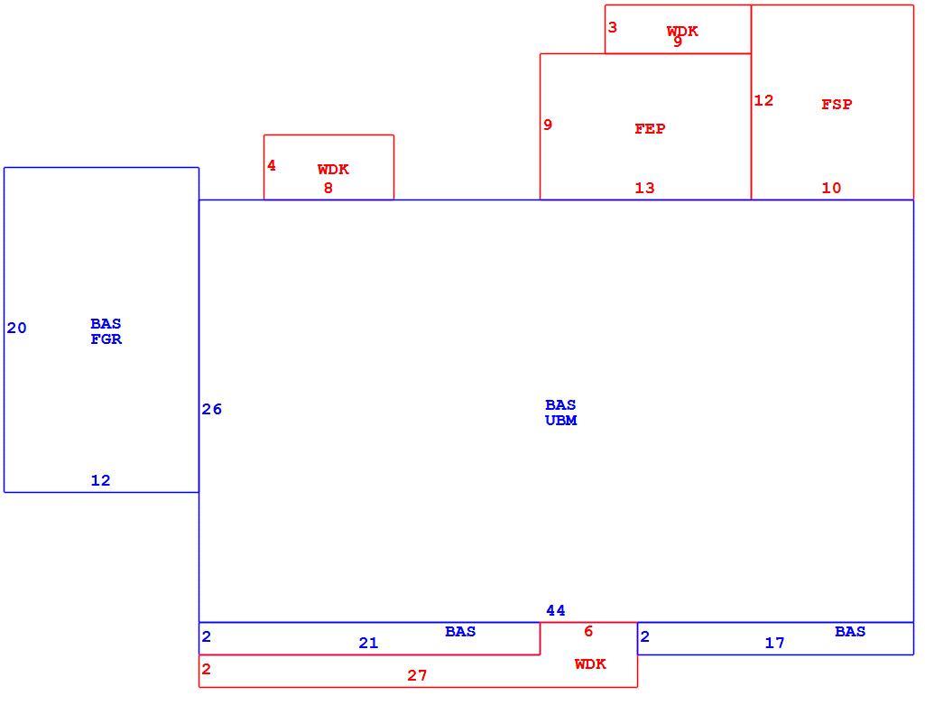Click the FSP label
(x=837, y=105)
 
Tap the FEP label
(x=650, y=128)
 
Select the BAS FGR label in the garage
(x=106, y=331)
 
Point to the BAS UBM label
(x=561, y=413)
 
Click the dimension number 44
(x=555, y=610)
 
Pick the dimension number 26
(x=212, y=410)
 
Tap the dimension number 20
(x=16, y=328)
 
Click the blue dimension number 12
(x=100, y=480)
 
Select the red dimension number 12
(x=763, y=100)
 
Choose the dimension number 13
(x=644, y=188)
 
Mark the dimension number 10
(x=831, y=188)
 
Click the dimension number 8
(x=328, y=188)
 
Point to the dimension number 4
(x=272, y=165)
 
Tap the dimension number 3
(x=613, y=27)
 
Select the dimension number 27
(x=417, y=675)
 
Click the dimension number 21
(x=368, y=643)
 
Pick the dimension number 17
(x=774, y=643)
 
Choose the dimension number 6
(x=588, y=631)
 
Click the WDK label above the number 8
(x=333, y=170)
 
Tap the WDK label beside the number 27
(x=590, y=663)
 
